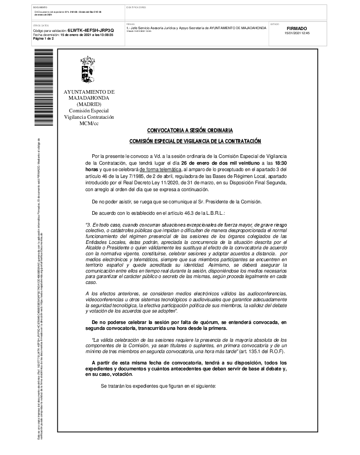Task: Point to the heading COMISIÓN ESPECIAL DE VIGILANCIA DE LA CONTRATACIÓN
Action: click(x=195, y=141)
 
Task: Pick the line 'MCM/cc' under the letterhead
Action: click(x=89, y=123)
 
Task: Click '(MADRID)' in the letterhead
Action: click(x=89, y=104)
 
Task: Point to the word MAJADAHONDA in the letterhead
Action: click(x=89, y=98)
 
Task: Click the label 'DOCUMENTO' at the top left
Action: click(x=40, y=8)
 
